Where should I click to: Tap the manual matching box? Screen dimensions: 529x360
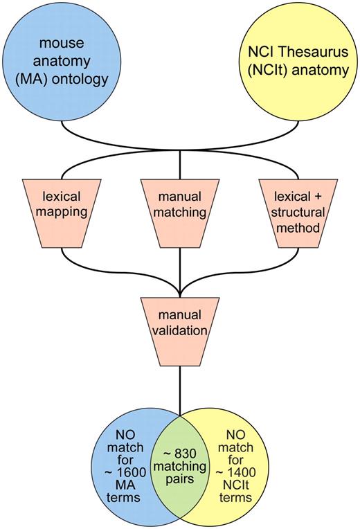click(x=180, y=210)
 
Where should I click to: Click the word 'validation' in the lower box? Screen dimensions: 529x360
click(x=180, y=330)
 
